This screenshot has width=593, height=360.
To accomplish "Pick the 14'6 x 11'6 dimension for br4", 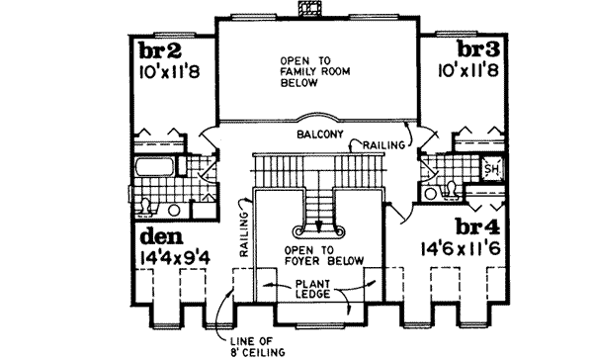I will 462,248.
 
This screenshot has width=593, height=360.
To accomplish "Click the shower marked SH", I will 491,171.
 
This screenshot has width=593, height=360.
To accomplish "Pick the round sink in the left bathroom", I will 174,210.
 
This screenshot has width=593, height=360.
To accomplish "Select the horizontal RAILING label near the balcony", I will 382,145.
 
